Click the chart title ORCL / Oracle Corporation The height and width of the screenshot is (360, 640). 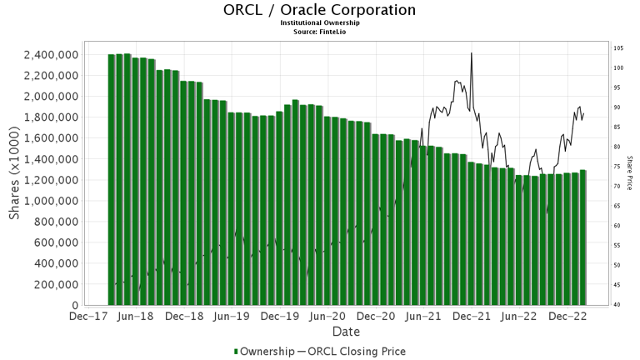[x=320, y=11]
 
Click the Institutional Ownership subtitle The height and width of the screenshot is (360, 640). [x=320, y=23]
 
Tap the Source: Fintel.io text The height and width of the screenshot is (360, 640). [x=320, y=32]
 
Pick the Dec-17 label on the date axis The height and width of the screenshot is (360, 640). [x=87, y=317]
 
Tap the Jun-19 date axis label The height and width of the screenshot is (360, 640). [x=232, y=317]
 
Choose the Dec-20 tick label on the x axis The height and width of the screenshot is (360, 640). [x=377, y=317]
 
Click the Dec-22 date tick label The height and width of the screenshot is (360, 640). [x=569, y=317]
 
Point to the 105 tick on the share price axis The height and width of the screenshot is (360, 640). [x=619, y=48]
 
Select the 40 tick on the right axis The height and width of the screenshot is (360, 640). [x=617, y=305]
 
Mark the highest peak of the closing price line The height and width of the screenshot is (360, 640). [x=472, y=53]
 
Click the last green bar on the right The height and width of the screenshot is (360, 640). [x=582, y=237]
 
